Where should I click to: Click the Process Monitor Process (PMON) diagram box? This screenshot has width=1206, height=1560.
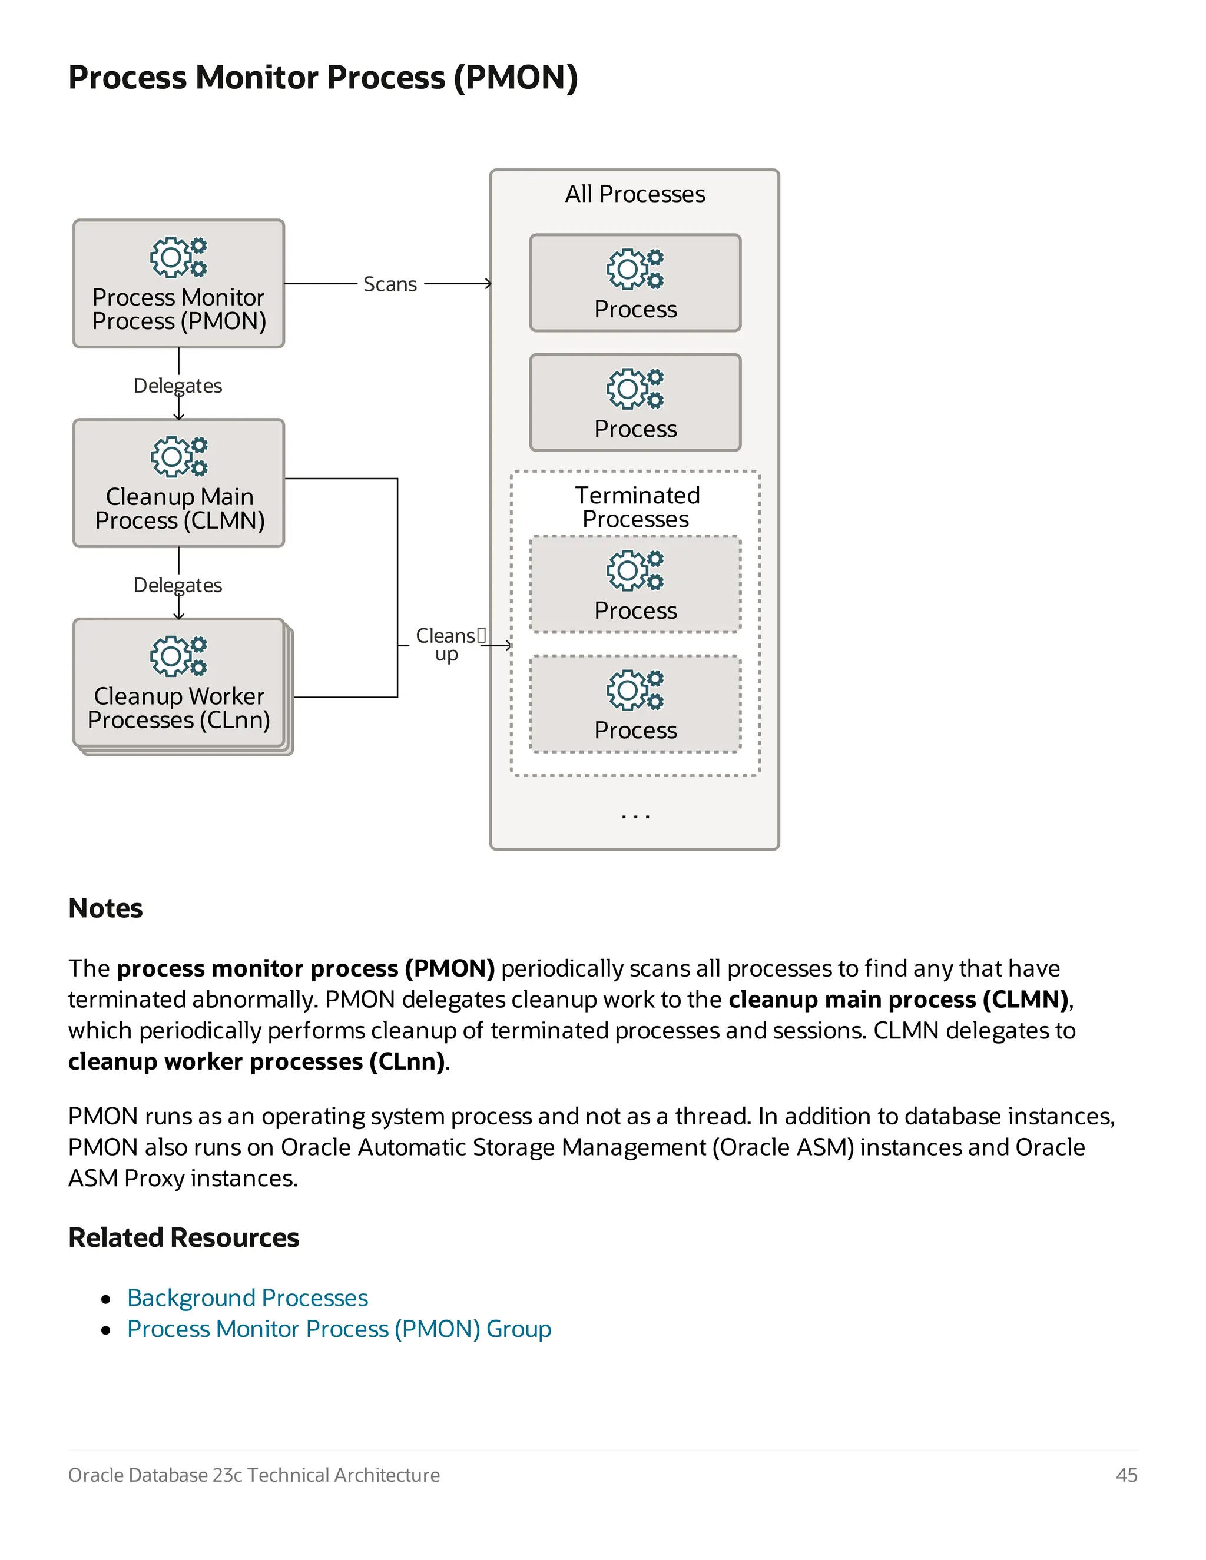click(178, 284)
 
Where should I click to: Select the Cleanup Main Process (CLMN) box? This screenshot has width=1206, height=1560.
click(178, 483)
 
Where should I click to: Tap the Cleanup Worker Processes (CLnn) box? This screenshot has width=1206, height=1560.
click(178, 683)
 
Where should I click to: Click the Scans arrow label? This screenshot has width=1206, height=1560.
click(389, 284)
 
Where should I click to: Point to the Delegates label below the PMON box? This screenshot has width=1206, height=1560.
click(178, 386)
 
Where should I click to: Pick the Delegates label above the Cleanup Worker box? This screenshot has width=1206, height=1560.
click(178, 585)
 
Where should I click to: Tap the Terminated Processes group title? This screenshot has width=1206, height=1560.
click(636, 506)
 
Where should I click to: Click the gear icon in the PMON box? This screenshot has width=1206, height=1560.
click(178, 257)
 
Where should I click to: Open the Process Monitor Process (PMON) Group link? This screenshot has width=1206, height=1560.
click(339, 1329)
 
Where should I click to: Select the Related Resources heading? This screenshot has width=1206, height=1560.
click(184, 1237)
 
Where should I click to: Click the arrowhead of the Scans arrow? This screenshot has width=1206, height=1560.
click(489, 284)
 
